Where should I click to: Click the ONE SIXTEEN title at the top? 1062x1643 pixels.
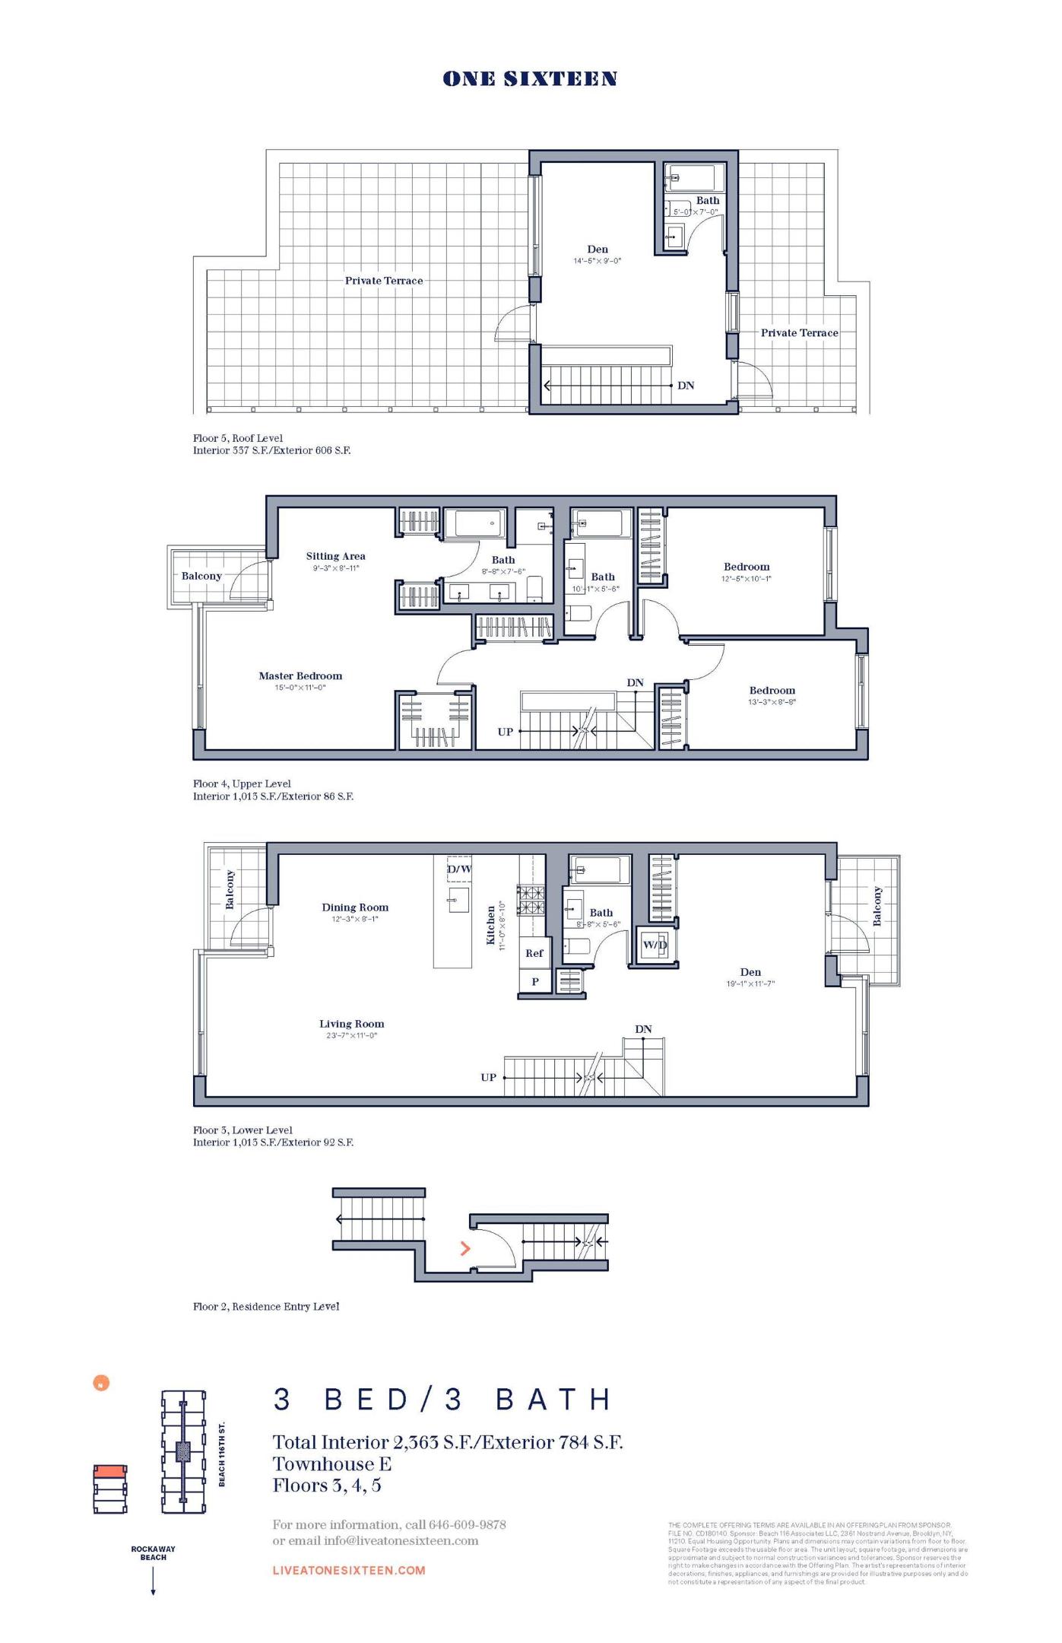[x=530, y=79]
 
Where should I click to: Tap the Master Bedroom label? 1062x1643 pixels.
[x=300, y=675]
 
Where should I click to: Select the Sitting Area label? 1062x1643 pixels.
[x=335, y=556]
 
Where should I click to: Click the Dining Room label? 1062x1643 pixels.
[x=355, y=907]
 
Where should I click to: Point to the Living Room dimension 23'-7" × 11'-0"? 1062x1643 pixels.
[x=351, y=1035]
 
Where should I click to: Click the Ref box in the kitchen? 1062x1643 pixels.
[x=534, y=953]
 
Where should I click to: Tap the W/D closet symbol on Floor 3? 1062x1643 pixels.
[x=655, y=945]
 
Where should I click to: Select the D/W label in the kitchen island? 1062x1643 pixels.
[x=459, y=869]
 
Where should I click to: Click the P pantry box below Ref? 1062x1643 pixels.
[x=535, y=981]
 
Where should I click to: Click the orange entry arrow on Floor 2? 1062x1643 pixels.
[x=465, y=1248]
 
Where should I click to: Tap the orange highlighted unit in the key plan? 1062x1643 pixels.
[x=110, y=1472]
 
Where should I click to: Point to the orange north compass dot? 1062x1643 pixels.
[x=101, y=1383]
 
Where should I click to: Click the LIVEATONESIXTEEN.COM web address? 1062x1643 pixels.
[x=349, y=1570]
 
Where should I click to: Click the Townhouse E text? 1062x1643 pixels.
[x=332, y=1463]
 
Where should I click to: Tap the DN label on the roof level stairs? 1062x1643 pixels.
[x=686, y=386]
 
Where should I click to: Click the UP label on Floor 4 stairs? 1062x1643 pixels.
[x=506, y=732]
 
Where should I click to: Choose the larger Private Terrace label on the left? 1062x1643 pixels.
[x=384, y=281]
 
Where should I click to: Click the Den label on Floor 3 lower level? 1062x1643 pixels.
[x=750, y=972]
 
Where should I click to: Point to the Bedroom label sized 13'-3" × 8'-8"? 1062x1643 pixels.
[x=772, y=691]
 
